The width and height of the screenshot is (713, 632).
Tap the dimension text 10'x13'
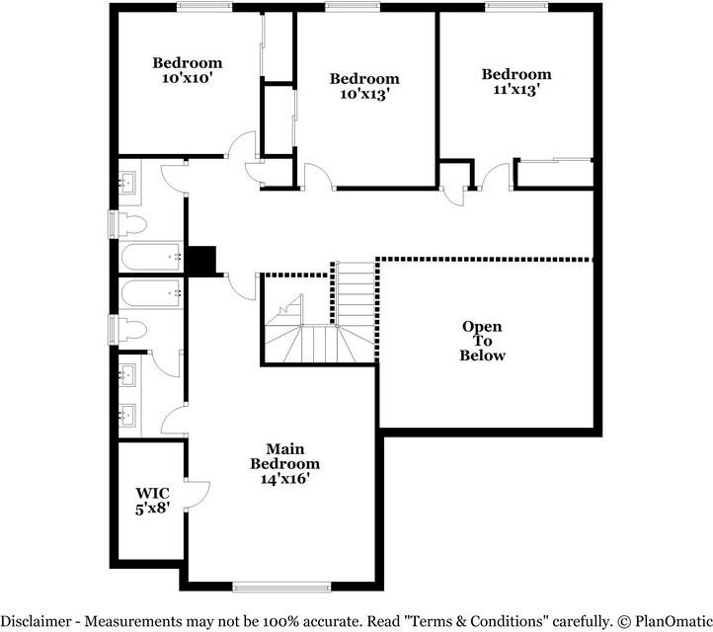click(x=364, y=95)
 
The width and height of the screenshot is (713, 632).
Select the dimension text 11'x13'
click(x=515, y=90)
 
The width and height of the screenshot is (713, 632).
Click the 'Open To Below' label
click(x=482, y=341)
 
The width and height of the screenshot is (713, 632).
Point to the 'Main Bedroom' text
click(x=284, y=456)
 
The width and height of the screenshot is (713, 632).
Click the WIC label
click(x=151, y=493)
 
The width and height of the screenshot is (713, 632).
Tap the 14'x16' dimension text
click(x=284, y=479)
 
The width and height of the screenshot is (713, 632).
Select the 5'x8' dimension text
click(x=151, y=509)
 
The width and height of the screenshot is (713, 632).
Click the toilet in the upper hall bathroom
click(x=132, y=223)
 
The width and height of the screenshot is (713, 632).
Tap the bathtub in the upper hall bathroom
click(x=151, y=259)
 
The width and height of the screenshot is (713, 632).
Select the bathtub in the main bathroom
click(x=151, y=291)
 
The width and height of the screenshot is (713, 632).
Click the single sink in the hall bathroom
click(x=128, y=183)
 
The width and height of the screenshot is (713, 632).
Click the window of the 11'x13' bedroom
click(x=516, y=7)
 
